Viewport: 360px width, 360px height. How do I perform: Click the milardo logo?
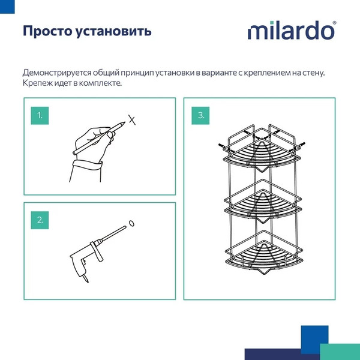tap(292, 30)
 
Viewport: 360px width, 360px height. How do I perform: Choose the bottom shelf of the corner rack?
tap(260, 256)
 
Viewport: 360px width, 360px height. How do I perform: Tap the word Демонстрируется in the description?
tap(59, 73)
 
